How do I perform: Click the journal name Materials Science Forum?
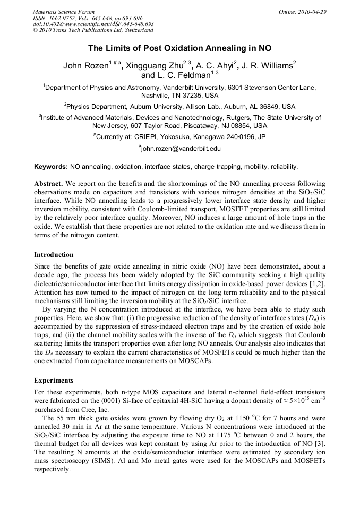tap(64, 12)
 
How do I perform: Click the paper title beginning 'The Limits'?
tap(179, 48)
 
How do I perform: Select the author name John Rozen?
tap(85, 66)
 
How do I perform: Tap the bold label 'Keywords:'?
tap(51, 167)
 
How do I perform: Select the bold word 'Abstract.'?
tap(48, 184)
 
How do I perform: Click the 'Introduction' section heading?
tap(54, 254)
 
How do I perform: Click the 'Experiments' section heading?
tap(53, 380)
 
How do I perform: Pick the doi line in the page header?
tap(93, 24)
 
